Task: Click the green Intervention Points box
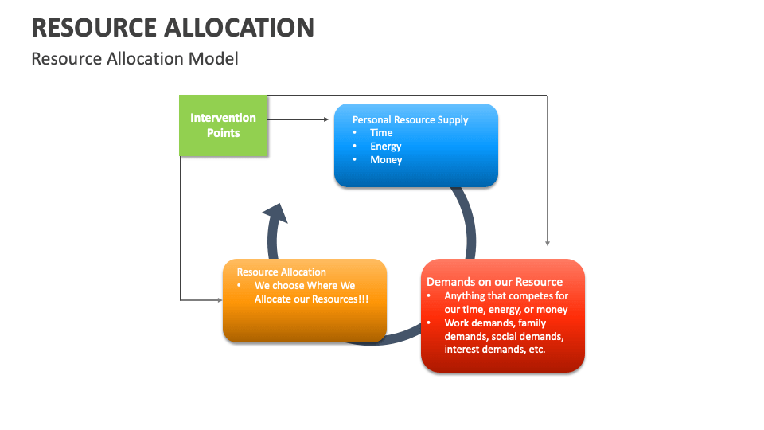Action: coord(223,125)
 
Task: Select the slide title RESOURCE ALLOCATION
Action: coord(173,28)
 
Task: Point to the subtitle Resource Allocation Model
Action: coord(134,59)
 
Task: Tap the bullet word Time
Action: coord(381,133)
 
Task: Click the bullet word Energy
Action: coord(385,147)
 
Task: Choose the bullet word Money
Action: coord(386,160)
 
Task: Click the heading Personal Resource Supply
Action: coord(410,119)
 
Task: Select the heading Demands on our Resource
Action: coord(494,282)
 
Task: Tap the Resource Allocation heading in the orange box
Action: coord(281,272)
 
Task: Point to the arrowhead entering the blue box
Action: coord(325,120)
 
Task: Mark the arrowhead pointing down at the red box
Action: coord(548,242)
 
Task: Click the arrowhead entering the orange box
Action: coord(219,300)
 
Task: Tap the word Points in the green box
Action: coord(223,133)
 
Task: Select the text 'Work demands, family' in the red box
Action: coord(493,323)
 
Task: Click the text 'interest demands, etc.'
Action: coord(494,349)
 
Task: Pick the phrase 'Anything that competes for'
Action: coord(506,296)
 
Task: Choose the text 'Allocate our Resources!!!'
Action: coord(311,299)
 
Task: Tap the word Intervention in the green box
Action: coord(223,118)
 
